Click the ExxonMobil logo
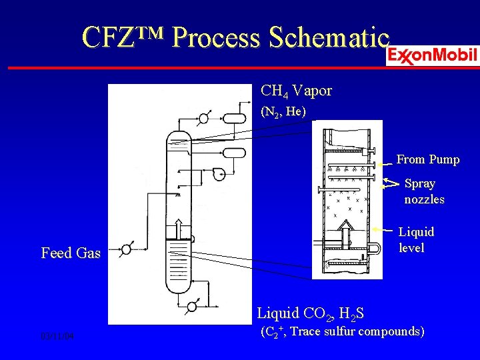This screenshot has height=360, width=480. [x=432, y=55]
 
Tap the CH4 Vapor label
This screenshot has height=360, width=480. [x=296, y=90]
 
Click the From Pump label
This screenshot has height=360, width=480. [x=428, y=159]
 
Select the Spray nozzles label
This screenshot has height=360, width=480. [x=423, y=191]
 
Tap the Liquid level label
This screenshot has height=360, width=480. [x=416, y=240]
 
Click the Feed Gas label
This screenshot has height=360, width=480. [x=71, y=253]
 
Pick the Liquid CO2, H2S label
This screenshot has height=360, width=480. [x=310, y=313]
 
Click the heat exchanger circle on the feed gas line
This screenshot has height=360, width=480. [x=126, y=250]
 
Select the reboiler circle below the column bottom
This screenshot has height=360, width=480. [x=192, y=307]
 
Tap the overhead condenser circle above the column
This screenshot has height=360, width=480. [x=203, y=119]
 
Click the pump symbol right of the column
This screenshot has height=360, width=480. [x=218, y=174]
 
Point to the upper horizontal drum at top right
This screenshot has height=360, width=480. [x=234, y=118]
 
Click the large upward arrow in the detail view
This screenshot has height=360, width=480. [x=346, y=233]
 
